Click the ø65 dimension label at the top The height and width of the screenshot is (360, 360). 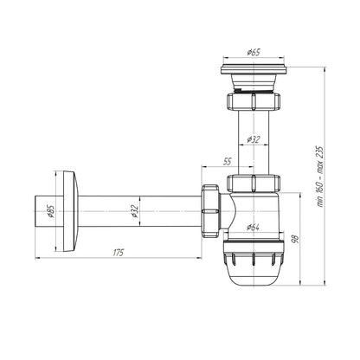(x=254, y=52)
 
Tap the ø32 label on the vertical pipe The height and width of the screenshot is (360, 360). (x=254, y=140)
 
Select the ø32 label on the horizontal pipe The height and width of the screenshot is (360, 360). (x=135, y=211)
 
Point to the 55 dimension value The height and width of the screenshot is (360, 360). (x=228, y=161)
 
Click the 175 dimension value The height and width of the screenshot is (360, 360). (x=118, y=253)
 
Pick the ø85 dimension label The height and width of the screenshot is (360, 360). (x=50, y=211)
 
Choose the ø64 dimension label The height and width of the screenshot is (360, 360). (x=253, y=227)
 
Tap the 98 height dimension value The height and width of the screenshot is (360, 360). (x=296, y=239)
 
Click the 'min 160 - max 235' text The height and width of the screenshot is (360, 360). (x=320, y=177)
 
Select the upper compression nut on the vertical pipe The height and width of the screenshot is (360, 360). (x=254, y=101)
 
